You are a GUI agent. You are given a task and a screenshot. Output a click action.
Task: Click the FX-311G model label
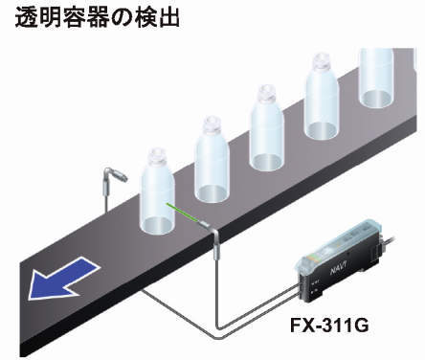point(329,326)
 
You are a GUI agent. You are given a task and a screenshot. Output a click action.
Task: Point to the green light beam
point(183,213)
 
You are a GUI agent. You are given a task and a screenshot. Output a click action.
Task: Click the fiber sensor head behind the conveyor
point(116,175)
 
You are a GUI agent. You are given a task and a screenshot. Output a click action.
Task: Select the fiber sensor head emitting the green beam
point(208,227)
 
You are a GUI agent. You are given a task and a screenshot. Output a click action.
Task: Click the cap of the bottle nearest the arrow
point(158,157)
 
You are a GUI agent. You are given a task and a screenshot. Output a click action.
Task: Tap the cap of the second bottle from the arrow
point(212,125)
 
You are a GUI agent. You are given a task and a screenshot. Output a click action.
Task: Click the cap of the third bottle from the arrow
point(267,95)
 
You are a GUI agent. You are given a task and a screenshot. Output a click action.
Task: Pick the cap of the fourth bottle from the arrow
point(322,63)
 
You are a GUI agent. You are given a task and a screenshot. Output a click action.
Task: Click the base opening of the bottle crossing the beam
point(157,225)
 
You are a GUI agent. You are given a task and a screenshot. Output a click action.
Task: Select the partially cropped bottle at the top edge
point(376,79)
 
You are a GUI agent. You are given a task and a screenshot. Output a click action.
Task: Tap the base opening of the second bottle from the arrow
point(212,192)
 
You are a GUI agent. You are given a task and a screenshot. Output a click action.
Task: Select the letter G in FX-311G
point(362,326)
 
